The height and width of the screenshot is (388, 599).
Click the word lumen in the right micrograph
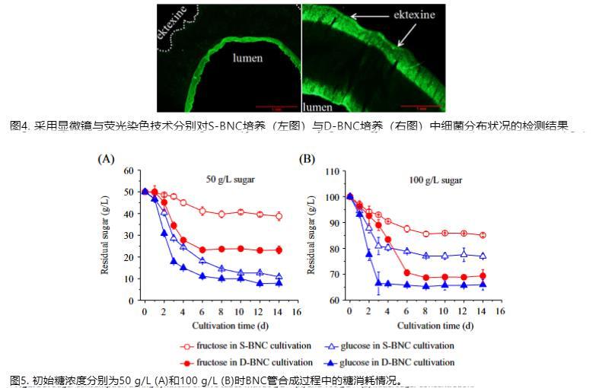click(x=318, y=107)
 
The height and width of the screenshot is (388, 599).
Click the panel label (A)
click(x=106, y=159)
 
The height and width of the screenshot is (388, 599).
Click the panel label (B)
click(x=307, y=159)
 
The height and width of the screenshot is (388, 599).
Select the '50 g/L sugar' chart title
click(x=231, y=180)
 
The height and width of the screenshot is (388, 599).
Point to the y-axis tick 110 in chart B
click(x=331, y=171)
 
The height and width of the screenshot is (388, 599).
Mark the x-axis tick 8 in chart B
click(x=425, y=312)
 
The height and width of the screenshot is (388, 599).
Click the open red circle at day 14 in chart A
click(x=279, y=216)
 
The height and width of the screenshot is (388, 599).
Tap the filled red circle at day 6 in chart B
click(x=406, y=272)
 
